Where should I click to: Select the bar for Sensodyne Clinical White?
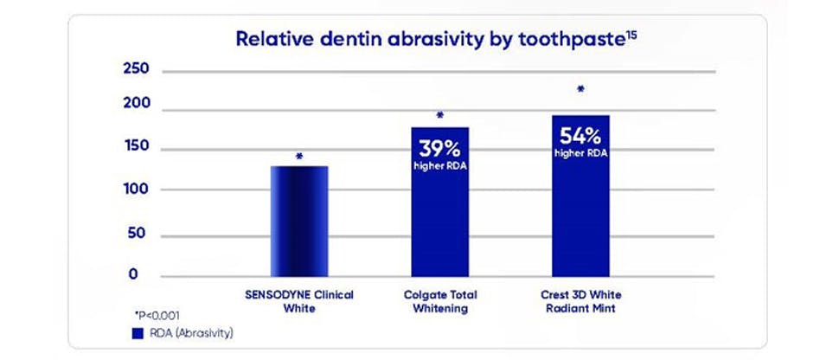[299, 221]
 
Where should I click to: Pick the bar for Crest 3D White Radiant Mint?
[580, 196]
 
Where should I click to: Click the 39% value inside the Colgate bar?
[439, 147]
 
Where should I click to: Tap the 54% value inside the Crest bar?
[580, 136]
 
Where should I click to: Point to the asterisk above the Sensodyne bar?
[299, 157]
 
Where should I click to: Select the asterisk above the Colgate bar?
[439, 115]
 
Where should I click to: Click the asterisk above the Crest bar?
[580, 88]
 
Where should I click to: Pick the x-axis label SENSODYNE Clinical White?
[299, 300]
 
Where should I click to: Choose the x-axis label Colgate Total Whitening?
[439, 300]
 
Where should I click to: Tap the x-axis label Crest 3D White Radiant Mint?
[580, 300]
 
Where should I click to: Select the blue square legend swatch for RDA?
[137, 332]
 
